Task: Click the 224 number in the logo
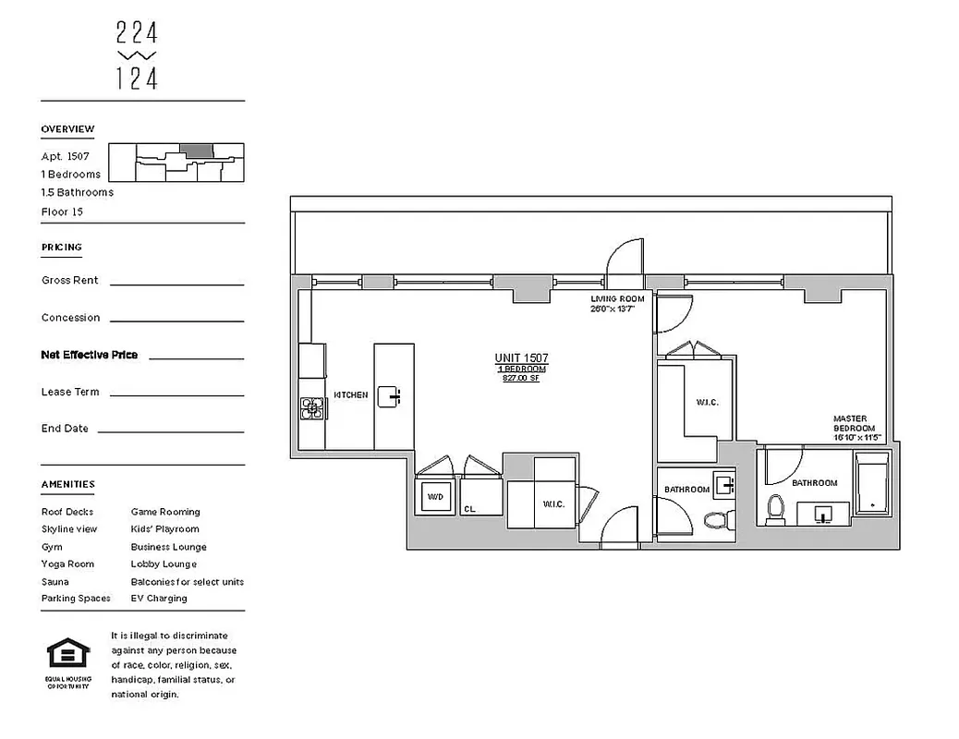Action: click(x=137, y=34)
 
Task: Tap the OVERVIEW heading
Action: click(x=67, y=129)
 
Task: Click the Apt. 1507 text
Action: click(x=65, y=156)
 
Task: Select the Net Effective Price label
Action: click(x=90, y=355)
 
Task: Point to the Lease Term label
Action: click(x=70, y=392)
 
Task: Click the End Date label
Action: click(x=65, y=429)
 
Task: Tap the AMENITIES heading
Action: click(x=67, y=484)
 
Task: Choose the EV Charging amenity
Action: click(x=159, y=599)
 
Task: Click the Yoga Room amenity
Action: click(x=67, y=563)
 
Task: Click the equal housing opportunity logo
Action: click(x=68, y=654)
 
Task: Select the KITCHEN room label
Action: click(x=350, y=395)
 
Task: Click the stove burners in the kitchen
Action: click(x=312, y=407)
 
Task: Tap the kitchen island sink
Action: click(x=394, y=397)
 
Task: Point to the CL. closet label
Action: click(x=470, y=507)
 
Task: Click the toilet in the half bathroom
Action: click(x=715, y=519)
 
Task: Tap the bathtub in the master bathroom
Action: click(x=870, y=485)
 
